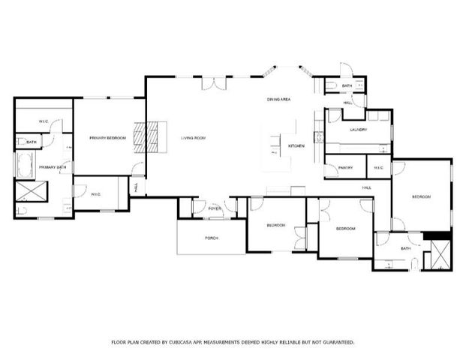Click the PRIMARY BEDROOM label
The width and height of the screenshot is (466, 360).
point(107,138)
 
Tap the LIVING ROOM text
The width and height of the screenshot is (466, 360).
point(193,138)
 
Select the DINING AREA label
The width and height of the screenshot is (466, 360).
point(278,99)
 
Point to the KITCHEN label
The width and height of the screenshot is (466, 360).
point(296,145)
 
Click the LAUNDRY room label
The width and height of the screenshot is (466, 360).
point(358,130)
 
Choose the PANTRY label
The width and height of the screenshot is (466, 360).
point(345,167)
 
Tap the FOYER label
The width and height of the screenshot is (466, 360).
point(215,208)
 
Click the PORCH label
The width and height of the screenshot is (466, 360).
point(212,238)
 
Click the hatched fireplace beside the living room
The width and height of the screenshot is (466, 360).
point(152,137)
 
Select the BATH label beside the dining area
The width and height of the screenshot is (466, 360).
point(347,86)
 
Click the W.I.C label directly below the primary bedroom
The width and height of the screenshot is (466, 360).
point(96,194)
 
